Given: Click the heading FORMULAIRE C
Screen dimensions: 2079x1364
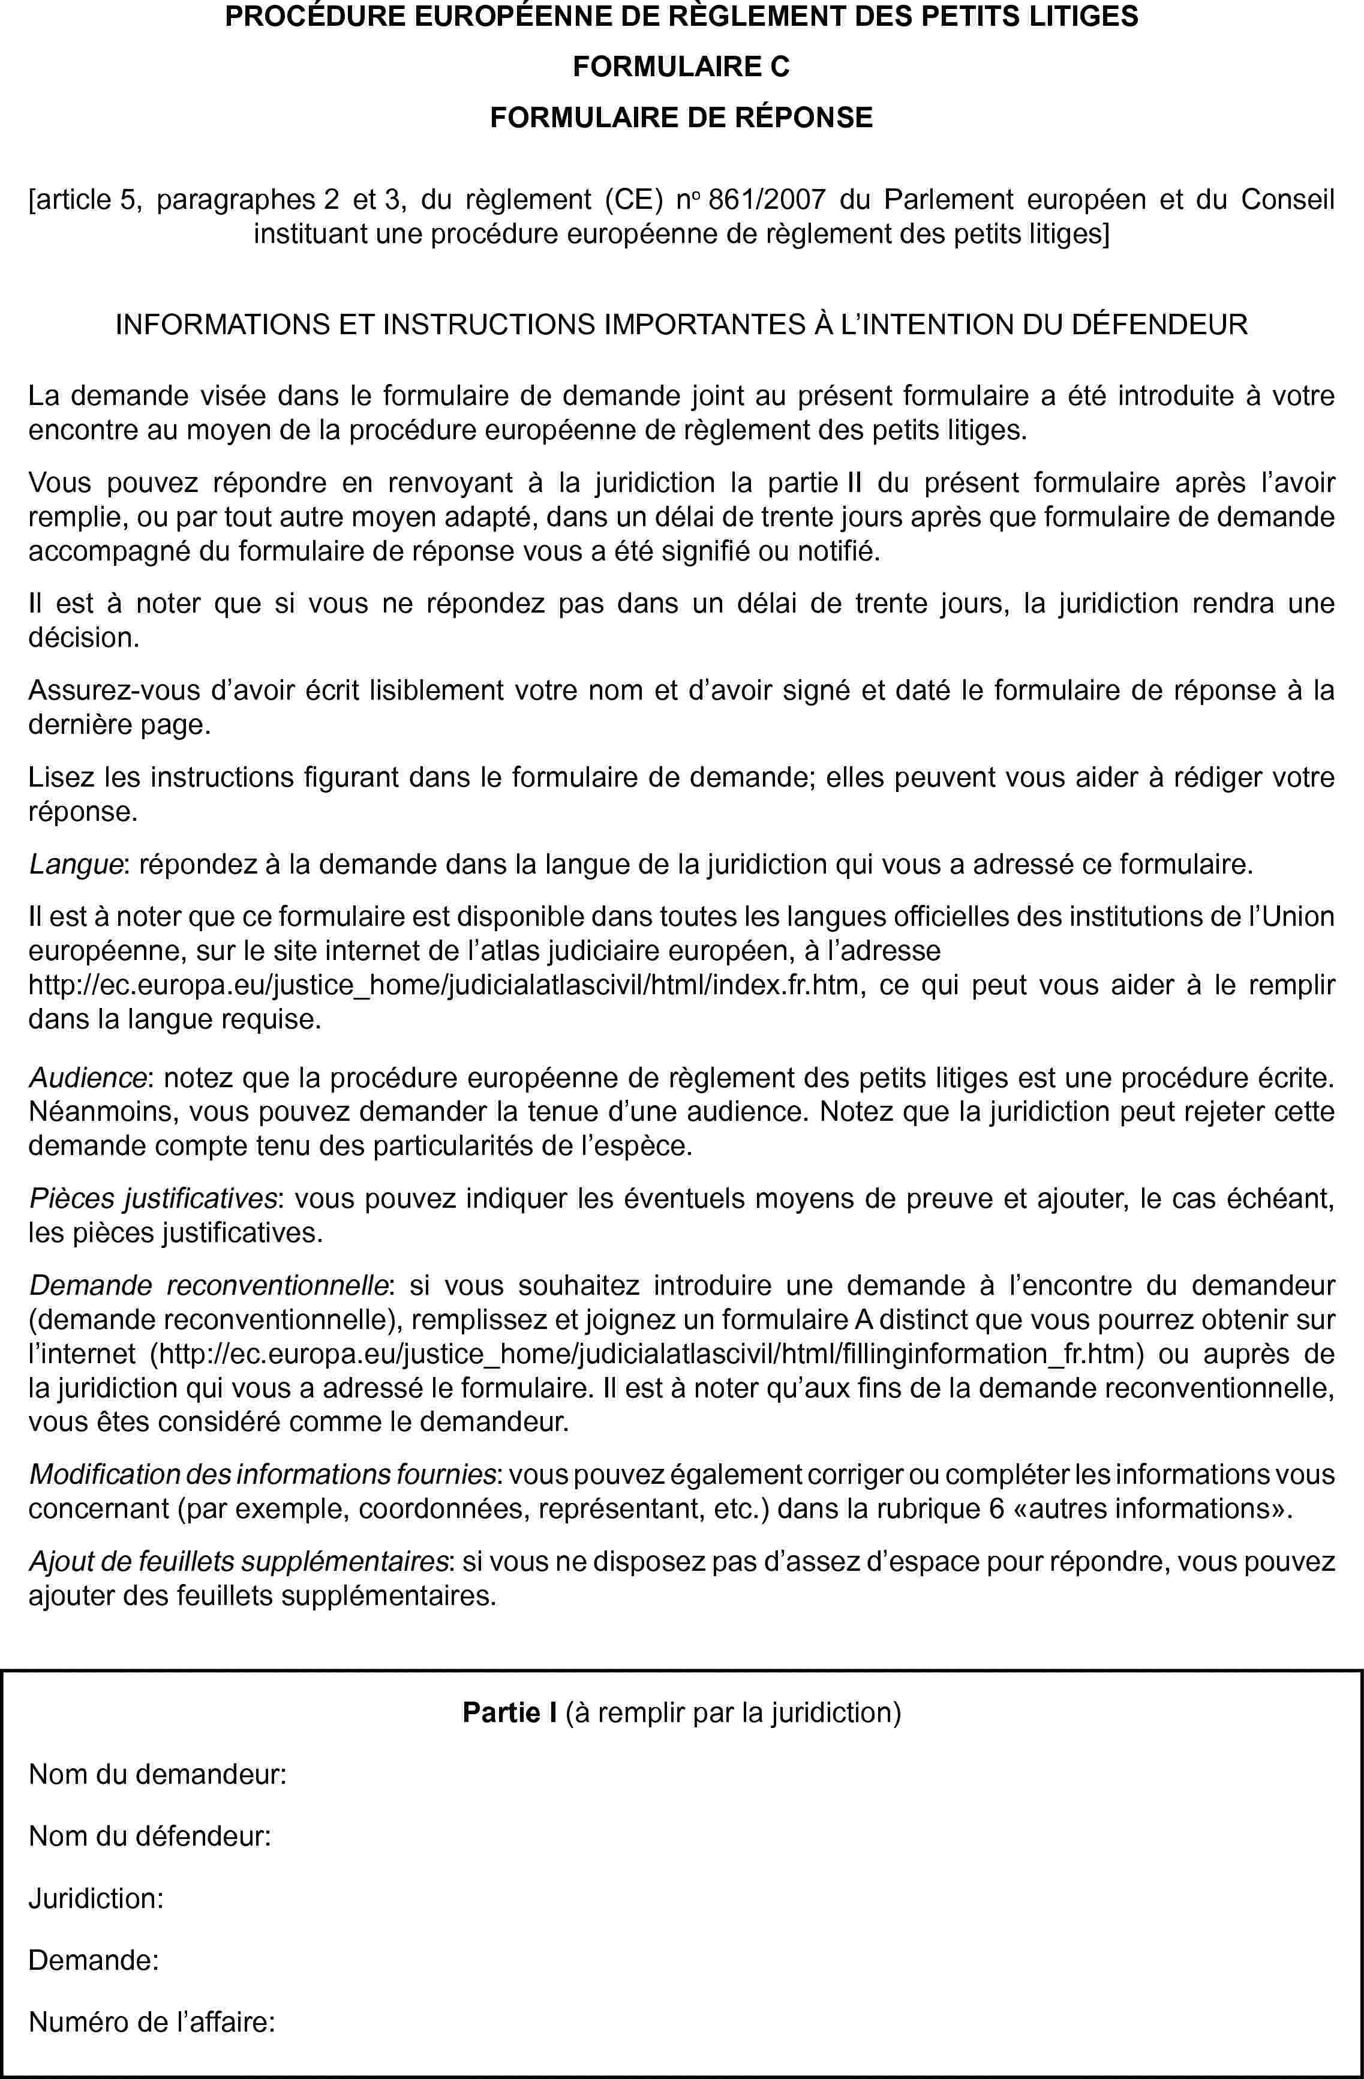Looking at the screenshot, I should [681, 67].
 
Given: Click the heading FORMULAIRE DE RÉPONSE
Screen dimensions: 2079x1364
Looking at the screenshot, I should [681, 117].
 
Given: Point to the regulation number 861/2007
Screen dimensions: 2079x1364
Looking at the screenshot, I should [767, 200].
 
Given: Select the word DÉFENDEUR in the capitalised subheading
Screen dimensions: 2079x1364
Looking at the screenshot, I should [1159, 325].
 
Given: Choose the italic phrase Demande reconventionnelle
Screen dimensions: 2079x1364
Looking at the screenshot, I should [209, 1286].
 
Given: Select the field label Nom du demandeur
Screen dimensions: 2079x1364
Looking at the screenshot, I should [157, 1774].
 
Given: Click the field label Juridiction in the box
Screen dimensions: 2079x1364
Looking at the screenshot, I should [96, 1898].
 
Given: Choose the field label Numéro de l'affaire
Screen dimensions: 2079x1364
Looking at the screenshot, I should [152, 2022].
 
